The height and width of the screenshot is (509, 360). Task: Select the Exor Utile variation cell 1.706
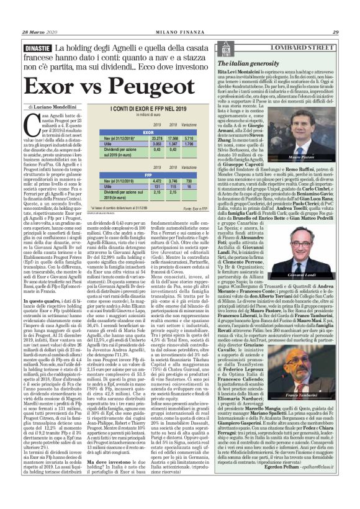(191, 143)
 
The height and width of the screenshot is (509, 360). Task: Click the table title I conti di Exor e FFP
(149, 109)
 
